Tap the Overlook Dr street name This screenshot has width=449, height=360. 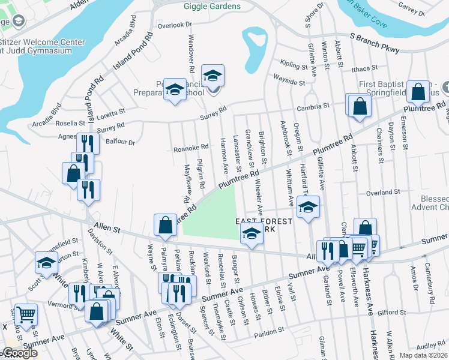click(x=174, y=25)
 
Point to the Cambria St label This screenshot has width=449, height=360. click(x=315, y=106)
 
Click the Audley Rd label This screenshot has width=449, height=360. click(x=430, y=346)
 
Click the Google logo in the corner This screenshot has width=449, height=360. click(x=20, y=353)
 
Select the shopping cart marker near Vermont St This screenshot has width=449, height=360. click(x=26, y=313)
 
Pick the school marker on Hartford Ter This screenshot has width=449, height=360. click(x=307, y=208)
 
